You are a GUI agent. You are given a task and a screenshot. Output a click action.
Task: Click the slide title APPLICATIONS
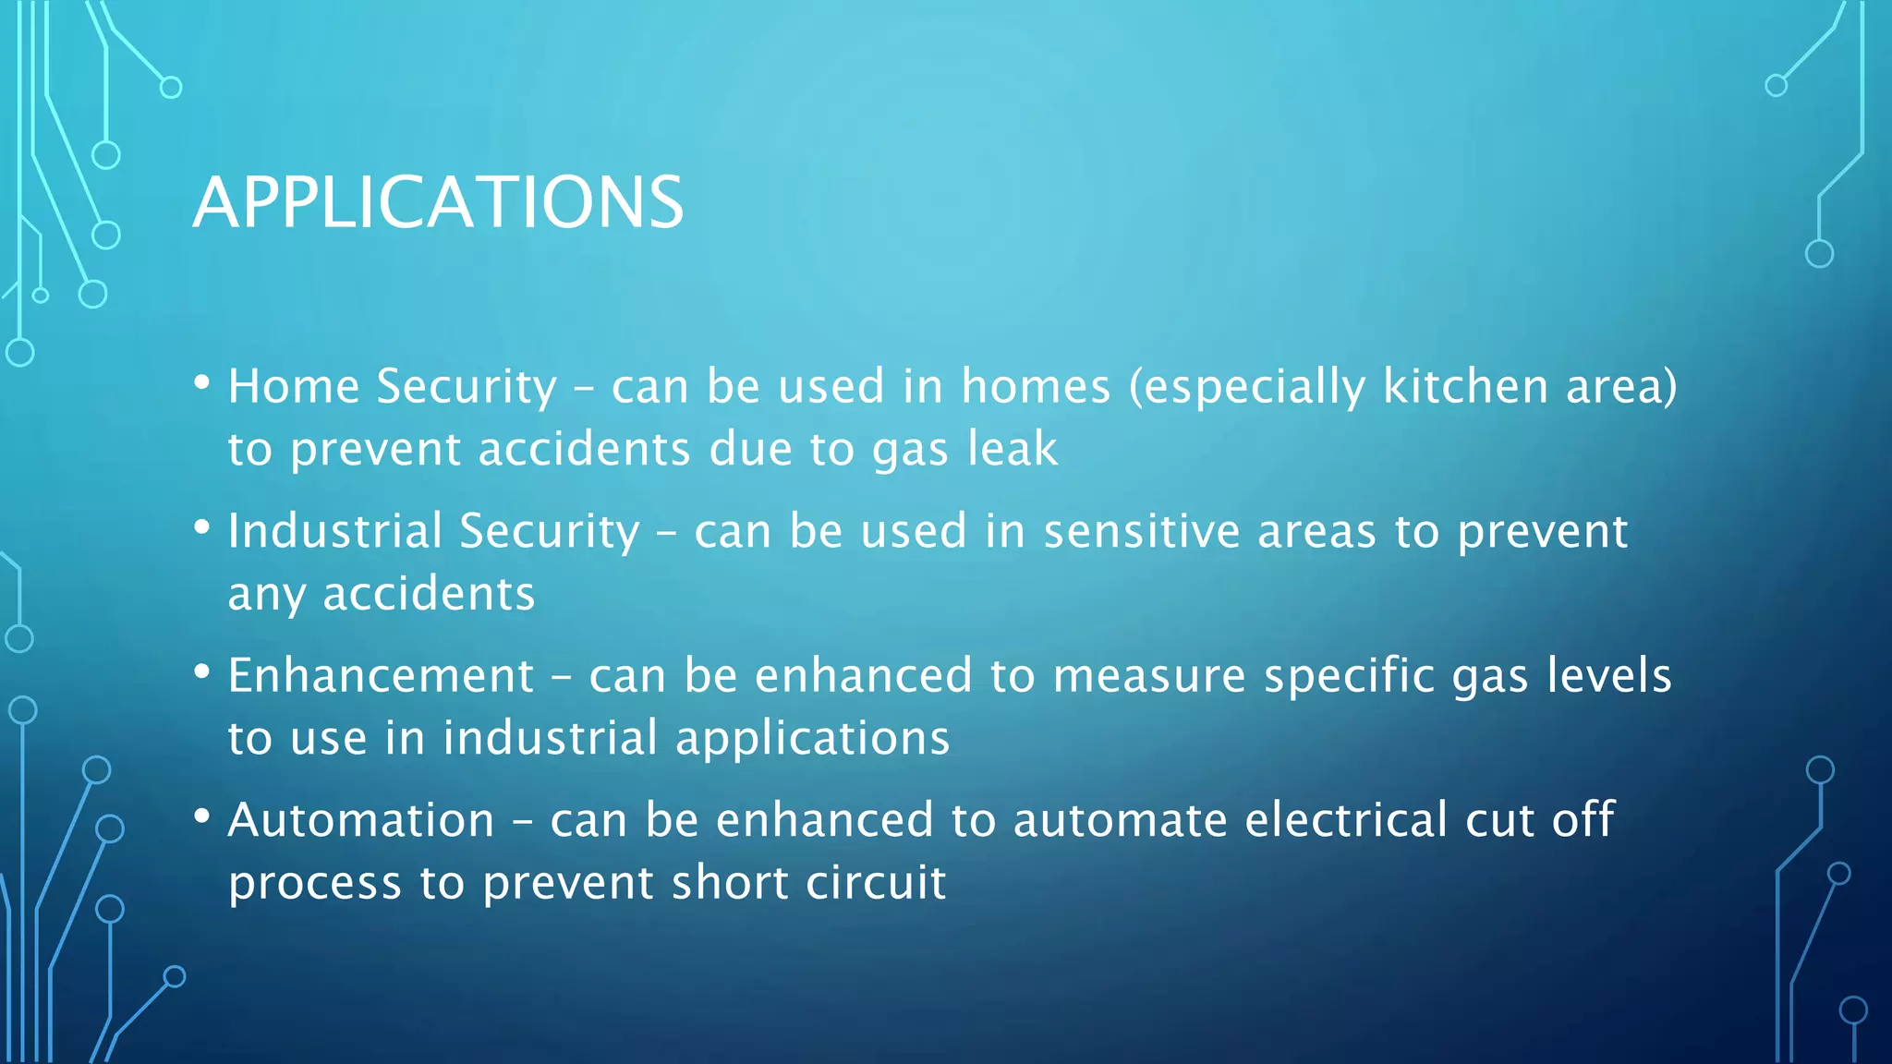coord(438,202)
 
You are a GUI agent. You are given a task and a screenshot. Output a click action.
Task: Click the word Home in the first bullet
coord(294,386)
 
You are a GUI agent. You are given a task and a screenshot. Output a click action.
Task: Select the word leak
coord(1012,449)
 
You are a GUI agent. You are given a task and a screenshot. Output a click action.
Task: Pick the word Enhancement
coord(381,675)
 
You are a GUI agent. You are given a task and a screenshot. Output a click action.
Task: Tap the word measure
coord(1149,675)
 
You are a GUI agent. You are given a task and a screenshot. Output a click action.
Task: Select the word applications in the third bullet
coord(812,738)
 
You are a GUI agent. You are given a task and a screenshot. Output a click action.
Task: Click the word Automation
coord(361,820)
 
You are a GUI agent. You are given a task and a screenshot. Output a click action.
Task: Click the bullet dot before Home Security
coord(202,382)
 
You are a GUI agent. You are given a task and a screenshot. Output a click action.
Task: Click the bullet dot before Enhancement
coord(202,671)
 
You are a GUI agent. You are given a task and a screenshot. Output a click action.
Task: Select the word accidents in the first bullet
coord(584,449)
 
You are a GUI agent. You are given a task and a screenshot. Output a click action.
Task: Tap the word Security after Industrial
coord(549,531)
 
